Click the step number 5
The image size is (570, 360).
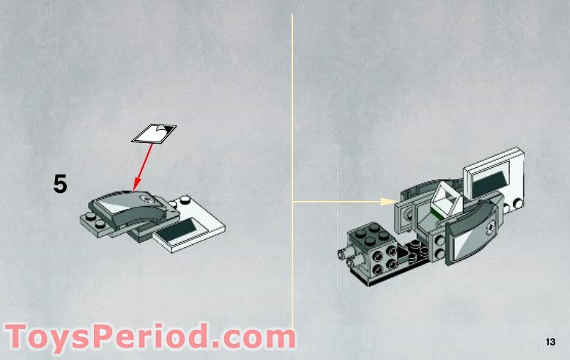coord(60,184)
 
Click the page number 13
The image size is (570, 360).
coord(550,342)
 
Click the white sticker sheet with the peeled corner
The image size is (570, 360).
coord(154,133)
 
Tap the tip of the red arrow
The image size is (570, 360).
coord(134,189)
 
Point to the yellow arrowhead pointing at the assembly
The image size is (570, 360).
coord(389,201)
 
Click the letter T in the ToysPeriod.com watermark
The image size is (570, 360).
coord(18,337)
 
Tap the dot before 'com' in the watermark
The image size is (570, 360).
coord(219,345)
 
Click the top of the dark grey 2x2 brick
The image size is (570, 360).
coord(369,233)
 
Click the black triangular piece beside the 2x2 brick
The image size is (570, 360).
coord(402,254)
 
